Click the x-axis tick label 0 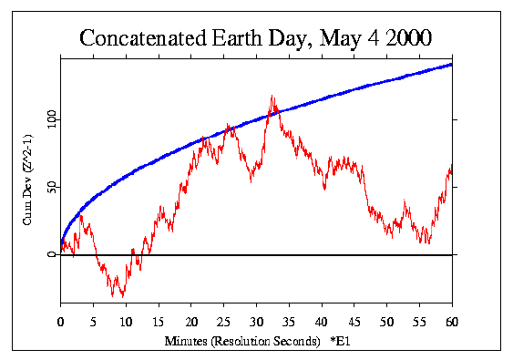coord(60,321)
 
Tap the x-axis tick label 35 coord(289,321)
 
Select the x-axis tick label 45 coord(354,321)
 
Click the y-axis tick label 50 coord(51,187)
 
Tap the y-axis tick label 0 coord(51,255)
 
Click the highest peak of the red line coord(272,95)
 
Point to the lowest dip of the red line coord(121,296)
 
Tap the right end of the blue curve coord(452,64)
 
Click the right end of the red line coord(452,170)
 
